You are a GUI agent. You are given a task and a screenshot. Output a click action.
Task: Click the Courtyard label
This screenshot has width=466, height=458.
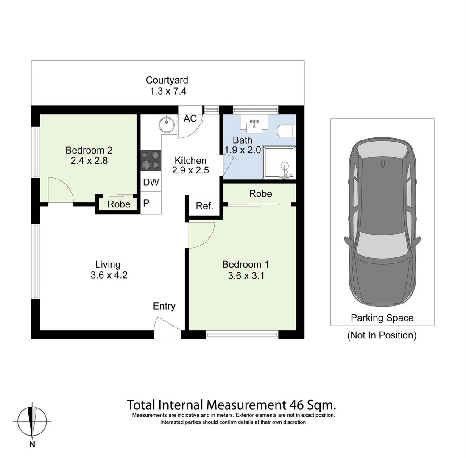[x=167, y=80]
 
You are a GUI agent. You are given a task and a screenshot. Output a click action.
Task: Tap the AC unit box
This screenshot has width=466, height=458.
[x=190, y=118]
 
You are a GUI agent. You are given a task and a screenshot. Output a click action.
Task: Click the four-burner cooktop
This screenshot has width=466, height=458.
[x=151, y=160]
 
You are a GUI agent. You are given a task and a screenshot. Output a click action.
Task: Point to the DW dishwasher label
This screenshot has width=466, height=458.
[x=151, y=182]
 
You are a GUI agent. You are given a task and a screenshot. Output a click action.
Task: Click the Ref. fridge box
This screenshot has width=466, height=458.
[x=204, y=206]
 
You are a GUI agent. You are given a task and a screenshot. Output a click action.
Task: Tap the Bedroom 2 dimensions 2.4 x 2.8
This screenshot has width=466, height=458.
[x=89, y=161]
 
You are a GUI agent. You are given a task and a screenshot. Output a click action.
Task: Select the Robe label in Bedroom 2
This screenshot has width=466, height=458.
[x=119, y=204]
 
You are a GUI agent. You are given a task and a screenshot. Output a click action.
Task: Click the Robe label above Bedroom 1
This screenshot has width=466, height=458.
[x=261, y=194]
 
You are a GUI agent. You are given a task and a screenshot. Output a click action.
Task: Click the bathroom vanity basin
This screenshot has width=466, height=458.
[x=254, y=125]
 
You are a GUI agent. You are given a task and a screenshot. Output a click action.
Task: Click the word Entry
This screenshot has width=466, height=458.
[x=164, y=307]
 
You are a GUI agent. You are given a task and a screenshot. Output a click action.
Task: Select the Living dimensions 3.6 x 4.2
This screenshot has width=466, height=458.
[x=109, y=275]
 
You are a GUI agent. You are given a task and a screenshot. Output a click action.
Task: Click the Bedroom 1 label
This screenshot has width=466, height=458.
[x=246, y=264]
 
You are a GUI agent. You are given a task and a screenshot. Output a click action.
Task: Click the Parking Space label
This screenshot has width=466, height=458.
[x=382, y=318]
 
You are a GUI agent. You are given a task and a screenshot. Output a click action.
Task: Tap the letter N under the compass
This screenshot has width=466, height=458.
[x=32, y=444]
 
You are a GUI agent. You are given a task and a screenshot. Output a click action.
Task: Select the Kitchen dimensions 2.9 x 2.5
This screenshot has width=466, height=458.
[x=190, y=170]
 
